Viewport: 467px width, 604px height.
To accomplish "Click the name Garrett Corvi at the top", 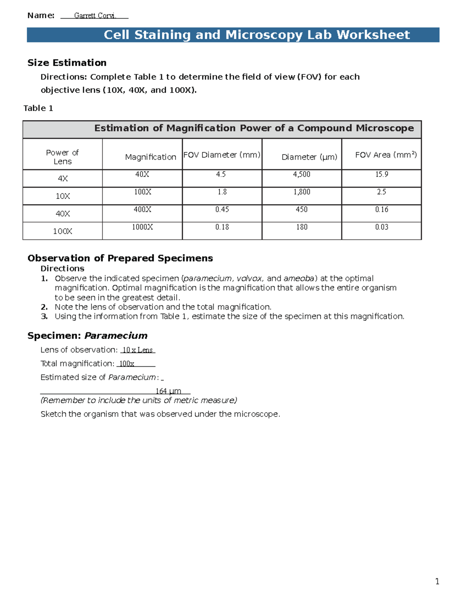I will tap(95, 16).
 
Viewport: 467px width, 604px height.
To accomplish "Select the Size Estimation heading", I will tap(67, 63).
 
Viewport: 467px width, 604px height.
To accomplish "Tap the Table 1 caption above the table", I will tap(38, 108).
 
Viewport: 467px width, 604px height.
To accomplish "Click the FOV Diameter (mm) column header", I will tap(222, 155).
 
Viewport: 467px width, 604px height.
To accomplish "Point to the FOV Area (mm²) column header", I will tap(386, 155).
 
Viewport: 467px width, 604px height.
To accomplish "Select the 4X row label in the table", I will tap(63, 179).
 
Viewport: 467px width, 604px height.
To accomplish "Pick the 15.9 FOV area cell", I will tap(381, 174).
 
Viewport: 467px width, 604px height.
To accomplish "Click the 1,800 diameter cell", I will tap(302, 192).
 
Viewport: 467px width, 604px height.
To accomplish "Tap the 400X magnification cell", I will tap(142, 209).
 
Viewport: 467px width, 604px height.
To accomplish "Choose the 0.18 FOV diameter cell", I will tap(222, 227).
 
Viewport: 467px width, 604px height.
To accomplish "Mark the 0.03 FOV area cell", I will tap(381, 227).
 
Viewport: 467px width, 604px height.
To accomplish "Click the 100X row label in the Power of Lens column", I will tap(63, 231).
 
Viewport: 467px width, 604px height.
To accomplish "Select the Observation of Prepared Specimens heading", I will tap(120, 258).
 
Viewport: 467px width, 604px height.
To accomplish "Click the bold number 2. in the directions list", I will tap(44, 307).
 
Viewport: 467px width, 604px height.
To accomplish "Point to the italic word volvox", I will tap(249, 278).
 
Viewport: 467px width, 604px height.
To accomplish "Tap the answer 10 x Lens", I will tap(137, 350).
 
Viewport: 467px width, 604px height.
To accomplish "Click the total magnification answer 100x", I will tap(126, 364).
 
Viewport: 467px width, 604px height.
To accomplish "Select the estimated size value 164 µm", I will tap(168, 391).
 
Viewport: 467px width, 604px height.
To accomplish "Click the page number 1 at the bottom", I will tap(437, 581).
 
